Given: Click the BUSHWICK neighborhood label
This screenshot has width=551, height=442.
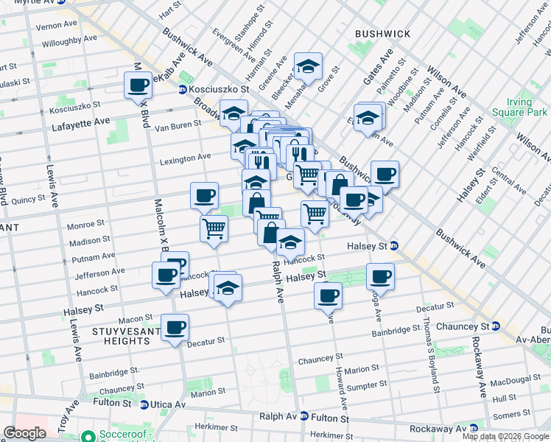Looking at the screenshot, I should tap(382, 34).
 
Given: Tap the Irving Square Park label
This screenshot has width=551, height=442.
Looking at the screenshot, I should tap(527, 107).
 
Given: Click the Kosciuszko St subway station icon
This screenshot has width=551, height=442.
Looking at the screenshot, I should tap(182, 89).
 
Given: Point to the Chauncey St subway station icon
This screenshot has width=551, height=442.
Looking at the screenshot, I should tap(496, 326).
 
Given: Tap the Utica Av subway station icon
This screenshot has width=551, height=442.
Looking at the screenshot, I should tap(144, 404).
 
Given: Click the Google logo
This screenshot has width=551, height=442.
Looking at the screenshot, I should tap(24, 433).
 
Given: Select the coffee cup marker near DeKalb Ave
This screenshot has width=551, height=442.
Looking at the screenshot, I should tap(138, 85).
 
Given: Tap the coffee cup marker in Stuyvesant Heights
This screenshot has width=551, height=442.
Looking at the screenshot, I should tap(175, 327).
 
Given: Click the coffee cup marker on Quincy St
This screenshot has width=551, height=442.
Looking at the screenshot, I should tap(204, 195).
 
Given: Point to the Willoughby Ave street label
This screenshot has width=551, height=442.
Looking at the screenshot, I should tap(66, 43).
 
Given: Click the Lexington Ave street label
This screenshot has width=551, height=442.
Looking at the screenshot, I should tap(186, 158).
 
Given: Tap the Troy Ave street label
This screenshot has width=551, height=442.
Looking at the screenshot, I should tap(73, 416).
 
